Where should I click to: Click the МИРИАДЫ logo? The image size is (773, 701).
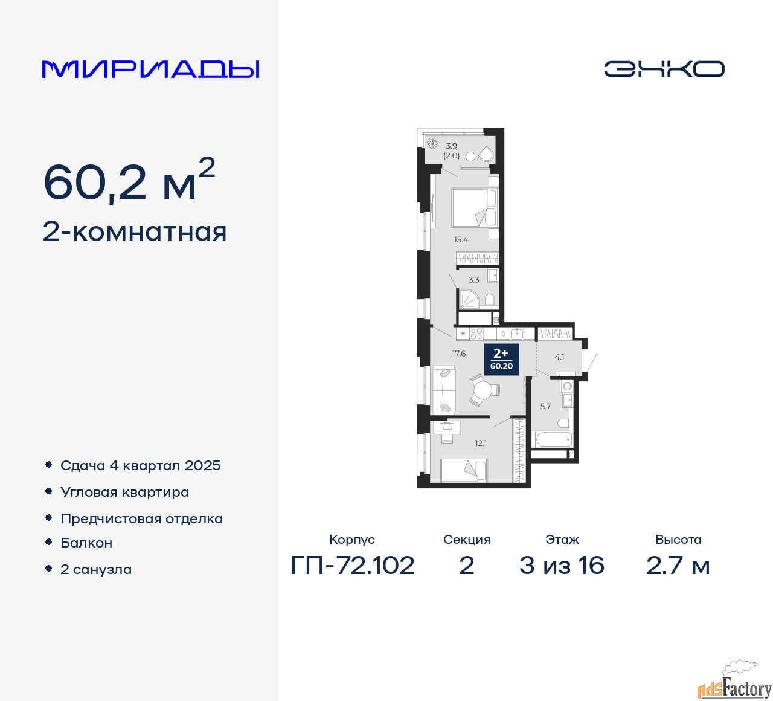(150, 69)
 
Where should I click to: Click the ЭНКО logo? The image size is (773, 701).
(664, 69)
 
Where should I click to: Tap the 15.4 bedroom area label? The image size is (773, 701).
(461, 240)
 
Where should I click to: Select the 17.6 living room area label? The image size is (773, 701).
(459, 354)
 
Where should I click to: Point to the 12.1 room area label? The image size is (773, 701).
(481, 444)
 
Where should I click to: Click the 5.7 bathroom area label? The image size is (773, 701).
(545, 407)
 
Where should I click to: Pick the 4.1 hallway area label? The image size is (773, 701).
(559, 357)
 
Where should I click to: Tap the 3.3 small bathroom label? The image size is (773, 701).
(473, 280)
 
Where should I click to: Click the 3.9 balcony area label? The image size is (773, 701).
(452, 146)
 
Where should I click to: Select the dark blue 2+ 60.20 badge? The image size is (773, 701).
(501, 360)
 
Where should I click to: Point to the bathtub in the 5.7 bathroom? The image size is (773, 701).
(551, 439)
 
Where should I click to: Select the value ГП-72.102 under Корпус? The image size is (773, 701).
(353, 566)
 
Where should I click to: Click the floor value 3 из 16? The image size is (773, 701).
(562, 566)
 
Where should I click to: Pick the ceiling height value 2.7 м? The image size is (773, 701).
(678, 566)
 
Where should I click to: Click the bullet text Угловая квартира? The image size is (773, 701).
(125, 493)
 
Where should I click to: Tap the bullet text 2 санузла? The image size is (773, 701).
(96, 569)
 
